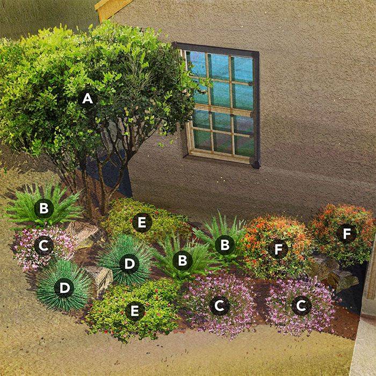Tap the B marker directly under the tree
point(44,207)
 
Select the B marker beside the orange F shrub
point(225,245)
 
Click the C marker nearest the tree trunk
point(44,245)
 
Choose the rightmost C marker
point(301,305)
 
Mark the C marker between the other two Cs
point(219,306)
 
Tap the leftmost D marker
point(64,288)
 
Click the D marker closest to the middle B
point(129,263)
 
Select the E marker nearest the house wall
point(142,222)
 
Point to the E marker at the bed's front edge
point(134,310)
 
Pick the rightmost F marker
point(346,233)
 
